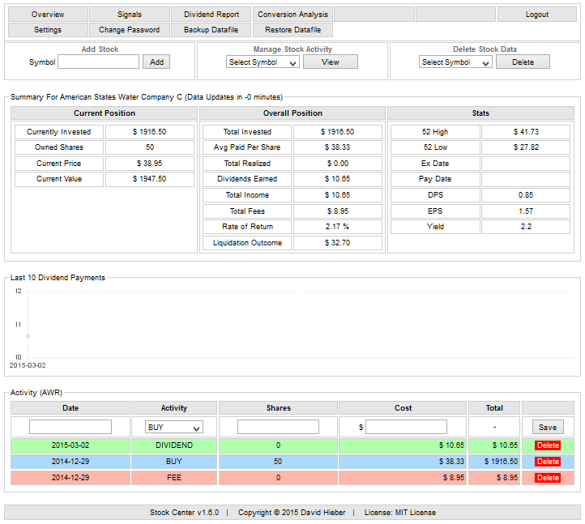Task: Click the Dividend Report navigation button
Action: click(211, 15)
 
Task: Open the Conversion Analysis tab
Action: click(292, 15)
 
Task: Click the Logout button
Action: click(536, 15)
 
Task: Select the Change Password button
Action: click(129, 30)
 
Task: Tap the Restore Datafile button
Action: click(292, 30)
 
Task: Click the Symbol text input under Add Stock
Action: click(99, 62)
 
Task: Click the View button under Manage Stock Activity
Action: click(330, 62)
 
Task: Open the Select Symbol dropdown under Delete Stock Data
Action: click(455, 62)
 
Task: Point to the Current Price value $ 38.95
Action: click(149, 163)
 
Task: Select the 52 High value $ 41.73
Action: click(526, 131)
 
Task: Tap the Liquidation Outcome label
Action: click(247, 243)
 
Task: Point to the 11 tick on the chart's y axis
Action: click(18, 324)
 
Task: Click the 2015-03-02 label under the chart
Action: click(27, 365)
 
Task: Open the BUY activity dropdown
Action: click(173, 427)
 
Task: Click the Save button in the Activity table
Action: click(547, 427)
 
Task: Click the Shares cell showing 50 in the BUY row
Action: click(278, 461)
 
